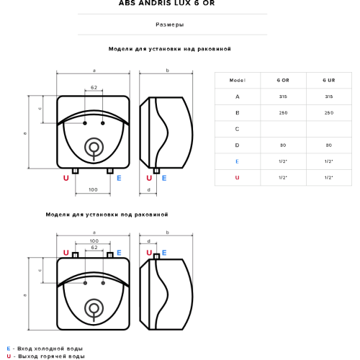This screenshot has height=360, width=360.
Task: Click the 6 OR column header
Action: tap(283, 80)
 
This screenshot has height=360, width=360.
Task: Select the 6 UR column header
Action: tap(329, 80)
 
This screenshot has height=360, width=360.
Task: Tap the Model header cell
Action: tap(238, 80)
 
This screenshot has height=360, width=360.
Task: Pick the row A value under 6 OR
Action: tap(283, 96)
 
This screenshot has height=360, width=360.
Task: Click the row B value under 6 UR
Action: tap(329, 113)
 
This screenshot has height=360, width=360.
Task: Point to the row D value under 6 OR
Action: tap(283, 145)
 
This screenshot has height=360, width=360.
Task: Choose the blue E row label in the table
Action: tap(237, 161)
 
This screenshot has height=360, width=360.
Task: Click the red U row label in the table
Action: tap(237, 178)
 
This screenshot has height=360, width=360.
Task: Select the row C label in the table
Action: tap(237, 129)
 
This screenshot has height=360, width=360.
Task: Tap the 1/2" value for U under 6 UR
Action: tap(329, 178)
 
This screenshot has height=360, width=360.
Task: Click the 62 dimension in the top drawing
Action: tap(94, 87)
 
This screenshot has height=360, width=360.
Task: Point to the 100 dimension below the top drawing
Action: tap(93, 189)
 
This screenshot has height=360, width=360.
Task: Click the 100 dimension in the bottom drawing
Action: tap(94, 240)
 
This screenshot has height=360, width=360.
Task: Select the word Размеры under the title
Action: tap(170, 24)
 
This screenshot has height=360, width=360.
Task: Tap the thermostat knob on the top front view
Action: tap(94, 148)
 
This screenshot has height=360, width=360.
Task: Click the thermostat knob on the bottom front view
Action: tap(94, 309)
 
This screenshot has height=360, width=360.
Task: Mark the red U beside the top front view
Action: tap(66, 178)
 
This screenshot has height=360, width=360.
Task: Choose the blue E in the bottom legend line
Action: tap(9, 348)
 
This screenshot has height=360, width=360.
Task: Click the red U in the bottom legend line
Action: tap(9, 356)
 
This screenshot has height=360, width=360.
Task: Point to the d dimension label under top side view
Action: tap(149, 190)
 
